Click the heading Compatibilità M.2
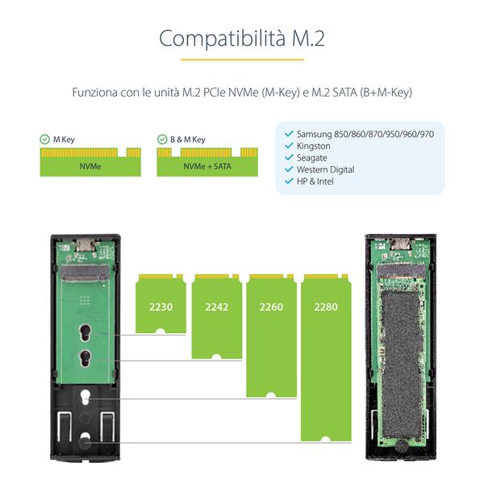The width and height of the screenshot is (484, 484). tap(242, 38)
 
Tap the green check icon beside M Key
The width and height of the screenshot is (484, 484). tap(44, 140)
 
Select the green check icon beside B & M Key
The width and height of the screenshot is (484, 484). tap(162, 140)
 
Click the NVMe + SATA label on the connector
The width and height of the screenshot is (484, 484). tap(204, 165)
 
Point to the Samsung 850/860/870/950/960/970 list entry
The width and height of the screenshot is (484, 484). tap(365, 134)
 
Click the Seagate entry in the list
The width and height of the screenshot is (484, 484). tap(311, 158)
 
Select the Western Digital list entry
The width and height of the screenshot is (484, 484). tap(325, 170)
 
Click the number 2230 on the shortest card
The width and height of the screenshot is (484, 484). tap(161, 307)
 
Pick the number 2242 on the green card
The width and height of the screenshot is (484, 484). tap(217, 307)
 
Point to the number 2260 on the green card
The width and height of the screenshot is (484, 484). tap(270, 307)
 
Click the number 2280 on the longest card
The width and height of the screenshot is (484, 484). tap(325, 307)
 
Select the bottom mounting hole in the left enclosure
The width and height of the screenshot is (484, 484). tap(86, 440)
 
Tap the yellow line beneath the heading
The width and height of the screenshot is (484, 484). tap(242, 59)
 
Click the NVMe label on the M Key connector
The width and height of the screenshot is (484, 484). tap(90, 165)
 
